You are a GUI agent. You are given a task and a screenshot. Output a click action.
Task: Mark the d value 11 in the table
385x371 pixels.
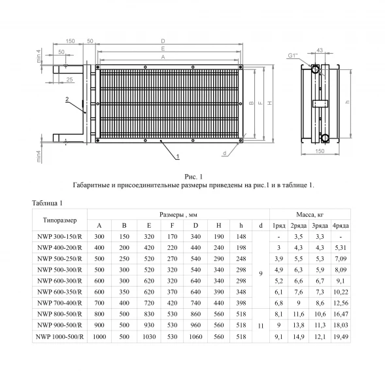(x=261, y=325)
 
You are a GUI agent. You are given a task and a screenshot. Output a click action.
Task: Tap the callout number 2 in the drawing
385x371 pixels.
(x=67, y=99)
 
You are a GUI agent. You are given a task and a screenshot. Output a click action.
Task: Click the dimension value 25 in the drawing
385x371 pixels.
(x=69, y=79)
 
